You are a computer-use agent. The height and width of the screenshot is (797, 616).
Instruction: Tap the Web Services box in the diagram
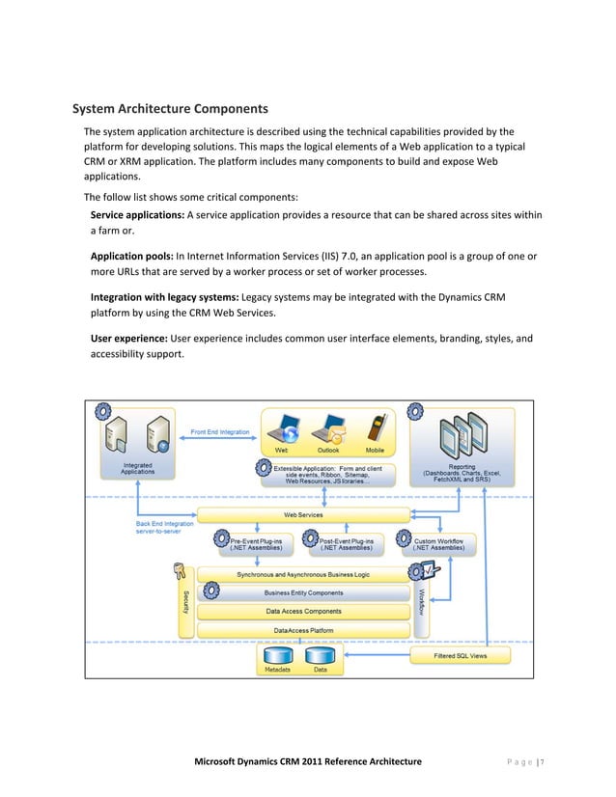click(x=303, y=515)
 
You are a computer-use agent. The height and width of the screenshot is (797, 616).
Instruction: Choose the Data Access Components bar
click(x=303, y=611)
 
